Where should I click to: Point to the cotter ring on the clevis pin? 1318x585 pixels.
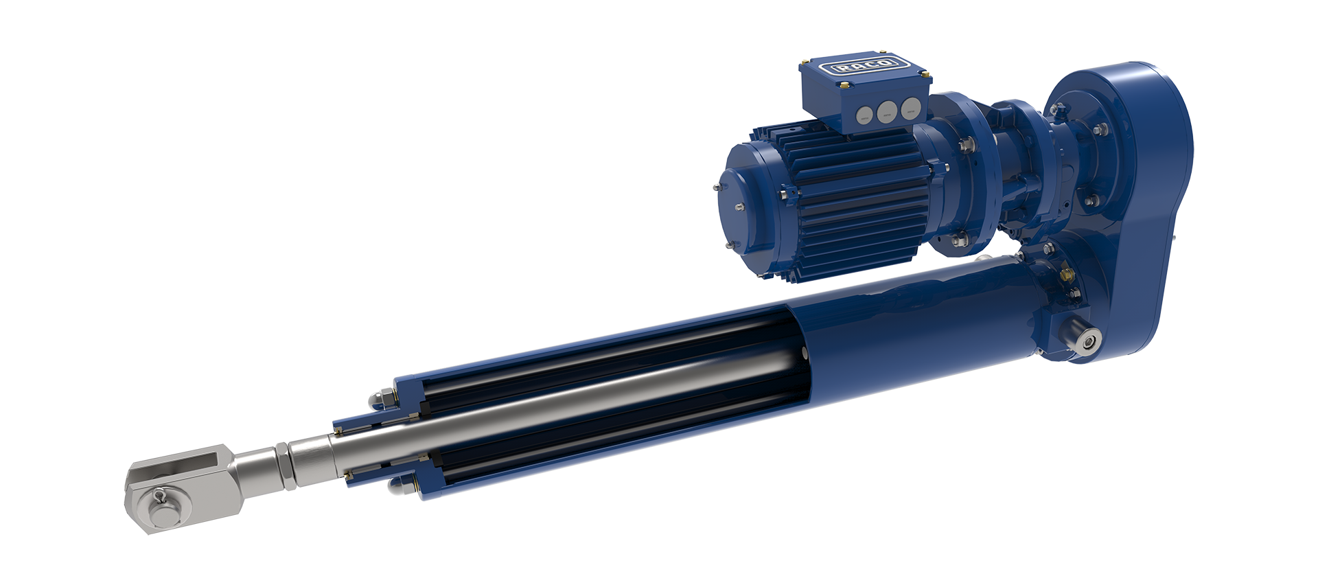[160, 494]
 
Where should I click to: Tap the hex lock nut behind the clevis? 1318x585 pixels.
[283, 466]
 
